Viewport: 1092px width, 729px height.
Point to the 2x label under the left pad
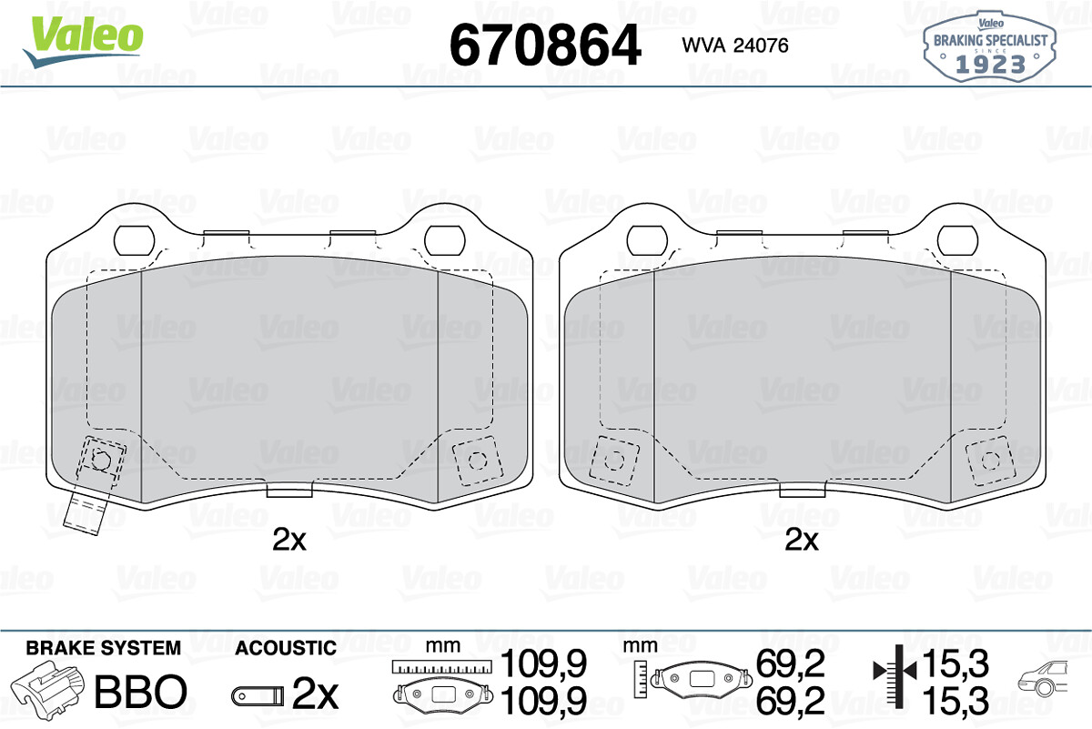tap(289, 541)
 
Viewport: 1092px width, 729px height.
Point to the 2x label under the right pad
tap(802, 541)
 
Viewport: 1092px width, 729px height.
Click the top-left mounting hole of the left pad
tap(135, 239)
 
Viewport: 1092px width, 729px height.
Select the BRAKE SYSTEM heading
tap(103, 648)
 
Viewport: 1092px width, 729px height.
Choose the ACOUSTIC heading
tap(285, 648)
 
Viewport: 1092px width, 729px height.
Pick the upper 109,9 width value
tap(546, 663)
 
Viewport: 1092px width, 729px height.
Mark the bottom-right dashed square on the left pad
tap(477, 460)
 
